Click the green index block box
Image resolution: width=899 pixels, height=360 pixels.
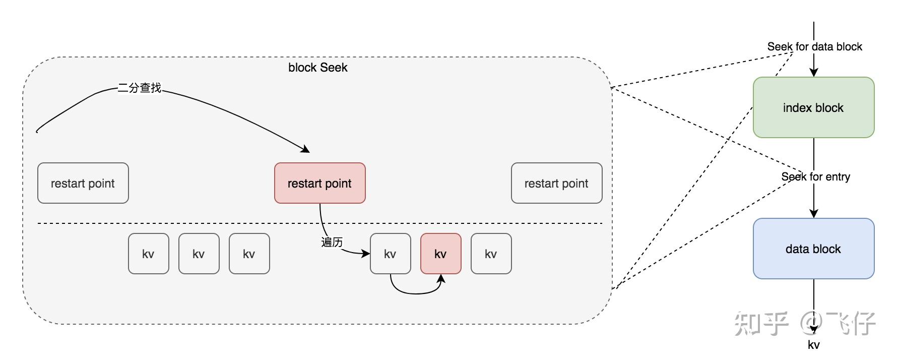point(813,107)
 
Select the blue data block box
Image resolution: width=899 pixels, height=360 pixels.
point(813,249)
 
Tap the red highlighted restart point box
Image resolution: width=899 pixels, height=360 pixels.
point(319,183)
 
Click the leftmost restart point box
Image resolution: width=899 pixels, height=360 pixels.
point(83,183)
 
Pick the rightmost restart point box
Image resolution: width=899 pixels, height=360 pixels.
point(556,183)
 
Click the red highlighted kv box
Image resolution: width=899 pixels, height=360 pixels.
point(440,254)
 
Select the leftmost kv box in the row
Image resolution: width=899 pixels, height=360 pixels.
point(148,254)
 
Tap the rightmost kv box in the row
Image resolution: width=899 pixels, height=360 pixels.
point(491,254)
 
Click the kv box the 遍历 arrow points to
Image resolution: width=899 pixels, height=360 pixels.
point(390,254)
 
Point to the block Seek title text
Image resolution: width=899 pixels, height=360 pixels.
point(317,68)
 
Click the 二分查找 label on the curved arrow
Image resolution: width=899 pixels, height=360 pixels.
point(140,88)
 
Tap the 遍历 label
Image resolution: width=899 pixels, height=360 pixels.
point(332,242)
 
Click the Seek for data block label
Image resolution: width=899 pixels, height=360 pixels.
point(814,46)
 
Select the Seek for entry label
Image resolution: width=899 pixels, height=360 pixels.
point(815,176)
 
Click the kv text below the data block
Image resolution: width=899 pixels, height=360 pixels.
point(813,345)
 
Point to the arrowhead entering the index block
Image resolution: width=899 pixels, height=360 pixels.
point(813,73)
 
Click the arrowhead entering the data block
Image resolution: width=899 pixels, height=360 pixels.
point(813,214)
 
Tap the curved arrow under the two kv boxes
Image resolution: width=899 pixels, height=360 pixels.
point(415,293)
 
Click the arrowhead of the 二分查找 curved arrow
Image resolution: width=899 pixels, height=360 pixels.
point(305,149)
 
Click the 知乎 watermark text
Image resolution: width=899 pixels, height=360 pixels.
point(761,323)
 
